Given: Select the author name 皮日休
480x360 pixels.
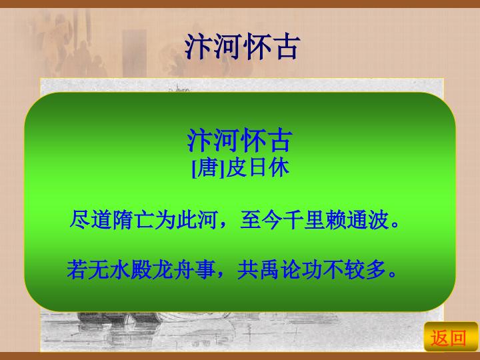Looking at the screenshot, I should (257, 169).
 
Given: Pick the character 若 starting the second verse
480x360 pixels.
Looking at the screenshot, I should (76, 270).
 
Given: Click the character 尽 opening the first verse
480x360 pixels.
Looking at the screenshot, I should (78, 219).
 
